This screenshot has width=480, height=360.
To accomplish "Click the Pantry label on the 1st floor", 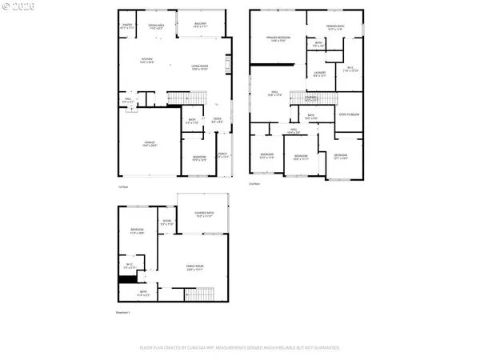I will point(126,26).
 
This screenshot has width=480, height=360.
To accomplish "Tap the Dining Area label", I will point(157,26).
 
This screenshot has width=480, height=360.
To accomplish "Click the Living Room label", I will point(199,68).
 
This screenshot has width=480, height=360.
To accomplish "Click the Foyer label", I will point(217,121).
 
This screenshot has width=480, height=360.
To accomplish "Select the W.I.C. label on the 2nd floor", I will point(350,70).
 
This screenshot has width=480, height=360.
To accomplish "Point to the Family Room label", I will point(194,267).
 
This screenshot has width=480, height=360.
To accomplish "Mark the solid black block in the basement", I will point(125,279).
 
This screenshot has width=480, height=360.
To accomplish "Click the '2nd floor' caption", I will point(255,185).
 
